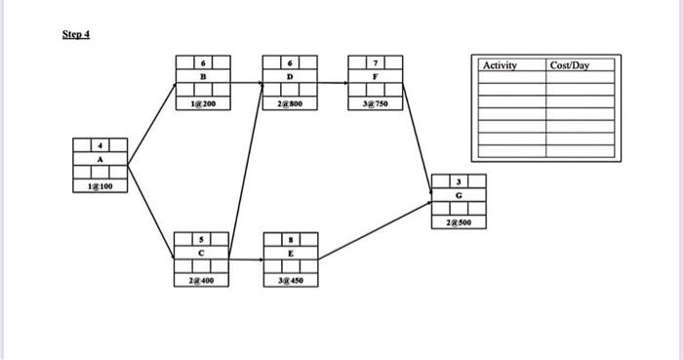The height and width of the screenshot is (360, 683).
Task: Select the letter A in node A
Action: [x=99, y=162]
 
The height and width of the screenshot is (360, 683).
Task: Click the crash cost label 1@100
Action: [x=99, y=184]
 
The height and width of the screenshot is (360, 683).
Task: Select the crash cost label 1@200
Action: [x=201, y=100]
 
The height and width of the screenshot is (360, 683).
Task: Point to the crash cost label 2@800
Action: [x=290, y=100]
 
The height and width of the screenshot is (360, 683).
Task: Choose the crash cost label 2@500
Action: [x=459, y=222]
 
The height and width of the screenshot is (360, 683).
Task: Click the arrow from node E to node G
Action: [x=377, y=230]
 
